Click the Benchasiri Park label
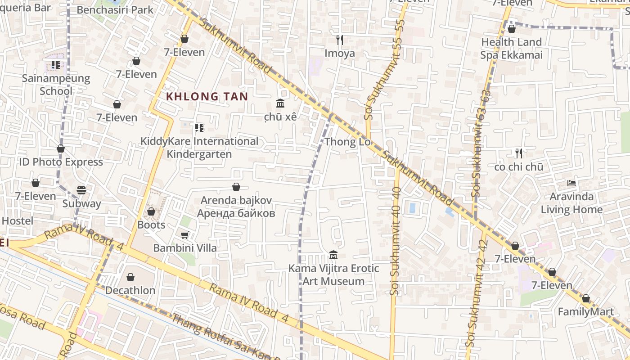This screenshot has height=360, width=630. point(115,9)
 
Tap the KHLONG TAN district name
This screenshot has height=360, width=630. point(207,96)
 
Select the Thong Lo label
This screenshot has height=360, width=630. point(347,142)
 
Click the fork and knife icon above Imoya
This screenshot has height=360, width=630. point(340,40)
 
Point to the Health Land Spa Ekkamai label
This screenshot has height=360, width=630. point(511,49)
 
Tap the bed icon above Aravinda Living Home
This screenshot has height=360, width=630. point(571,183)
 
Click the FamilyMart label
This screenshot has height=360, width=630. point(585,312)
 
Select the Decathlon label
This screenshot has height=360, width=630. point(130,290)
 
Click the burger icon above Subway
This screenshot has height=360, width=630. point(81,190)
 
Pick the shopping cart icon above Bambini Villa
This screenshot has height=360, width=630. point(184,235)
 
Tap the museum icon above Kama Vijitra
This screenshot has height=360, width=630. point(333,255)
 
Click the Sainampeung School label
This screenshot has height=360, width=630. point(56,85)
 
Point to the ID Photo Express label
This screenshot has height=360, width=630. point(61,162)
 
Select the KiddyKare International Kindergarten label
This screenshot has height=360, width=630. point(199,148)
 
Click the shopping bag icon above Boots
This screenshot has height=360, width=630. point(151,211)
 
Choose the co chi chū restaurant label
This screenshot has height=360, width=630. point(518,167)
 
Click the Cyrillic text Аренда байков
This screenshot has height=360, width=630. point(236,213)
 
